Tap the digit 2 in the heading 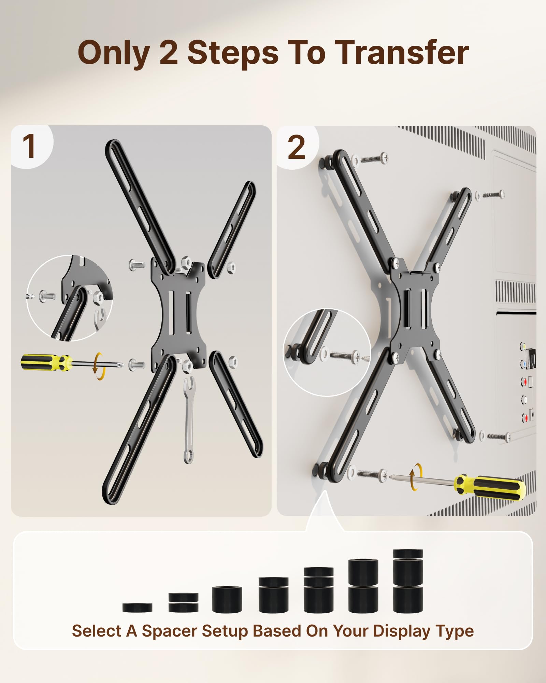pyautogui.click(x=169, y=53)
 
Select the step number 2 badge pyautogui.click(x=296, y=147)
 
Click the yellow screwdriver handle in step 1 pyautogui.click(x=46, y=362)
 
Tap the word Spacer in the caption pyautogui.click(x=170, y=631)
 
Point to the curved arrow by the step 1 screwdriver pyautogui.click(x=99, y=366)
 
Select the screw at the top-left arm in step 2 pyautogui.click(x=374, y=159)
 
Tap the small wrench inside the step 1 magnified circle pyautogui.click(x=100, y=318)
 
